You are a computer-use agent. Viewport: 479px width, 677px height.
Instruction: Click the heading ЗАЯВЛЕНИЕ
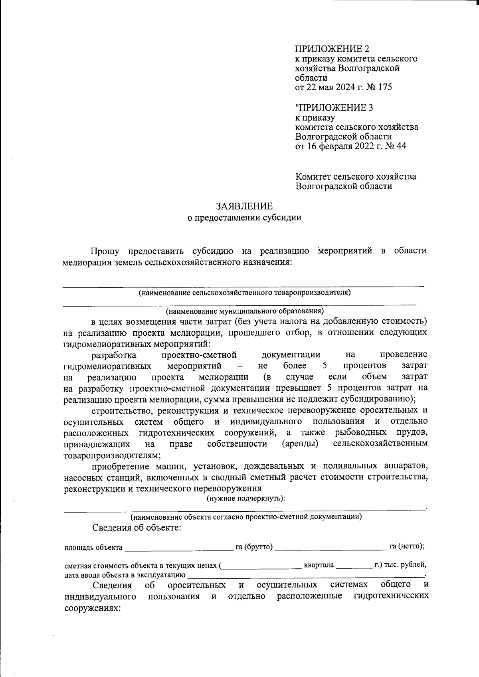tap(244, 206)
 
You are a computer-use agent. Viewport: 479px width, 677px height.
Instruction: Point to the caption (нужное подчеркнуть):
tap(245, 499)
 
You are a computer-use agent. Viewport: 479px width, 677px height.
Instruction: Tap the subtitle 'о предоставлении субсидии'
tap(244, 218)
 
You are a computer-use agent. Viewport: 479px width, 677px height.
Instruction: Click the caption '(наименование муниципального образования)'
tap(244, 311)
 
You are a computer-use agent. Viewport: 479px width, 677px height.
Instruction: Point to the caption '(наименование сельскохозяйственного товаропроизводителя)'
tap(244, 293)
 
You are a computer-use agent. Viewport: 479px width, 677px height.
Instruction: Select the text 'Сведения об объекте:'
tap(137, 528)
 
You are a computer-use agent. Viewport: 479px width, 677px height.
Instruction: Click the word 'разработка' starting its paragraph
tap(114, 355)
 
